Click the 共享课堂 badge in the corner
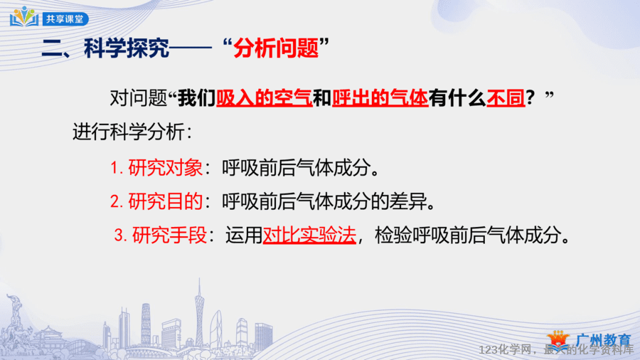[65, 18]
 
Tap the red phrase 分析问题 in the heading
[276, 48]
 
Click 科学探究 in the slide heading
[127, 48]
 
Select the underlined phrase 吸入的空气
[264, 98]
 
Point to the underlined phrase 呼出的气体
[380, 98]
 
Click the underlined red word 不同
[506, 98]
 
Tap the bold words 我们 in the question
[197, 98]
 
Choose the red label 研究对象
[165, 168]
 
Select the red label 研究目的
[165, 201]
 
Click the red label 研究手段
[169, 235]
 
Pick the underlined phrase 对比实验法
[309, 235]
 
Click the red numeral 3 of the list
[119, 235]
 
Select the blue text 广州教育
[603, 340]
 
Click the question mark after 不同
[530, 98]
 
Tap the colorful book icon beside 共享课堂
[24, 16]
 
